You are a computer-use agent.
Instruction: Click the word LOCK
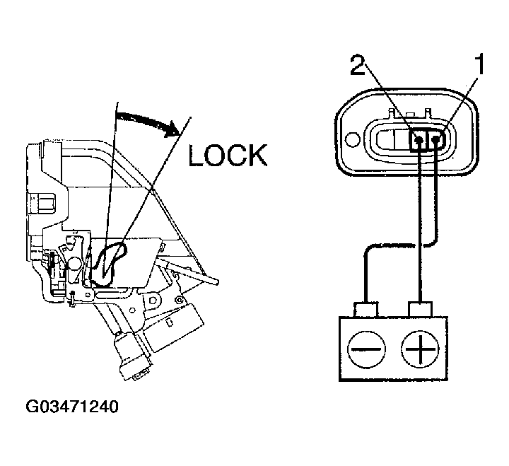tap(228, 154)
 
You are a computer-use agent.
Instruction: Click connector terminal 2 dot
tap(420, 140)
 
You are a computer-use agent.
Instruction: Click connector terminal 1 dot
tap(437, 140)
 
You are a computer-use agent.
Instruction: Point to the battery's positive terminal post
tap(421, 308)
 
